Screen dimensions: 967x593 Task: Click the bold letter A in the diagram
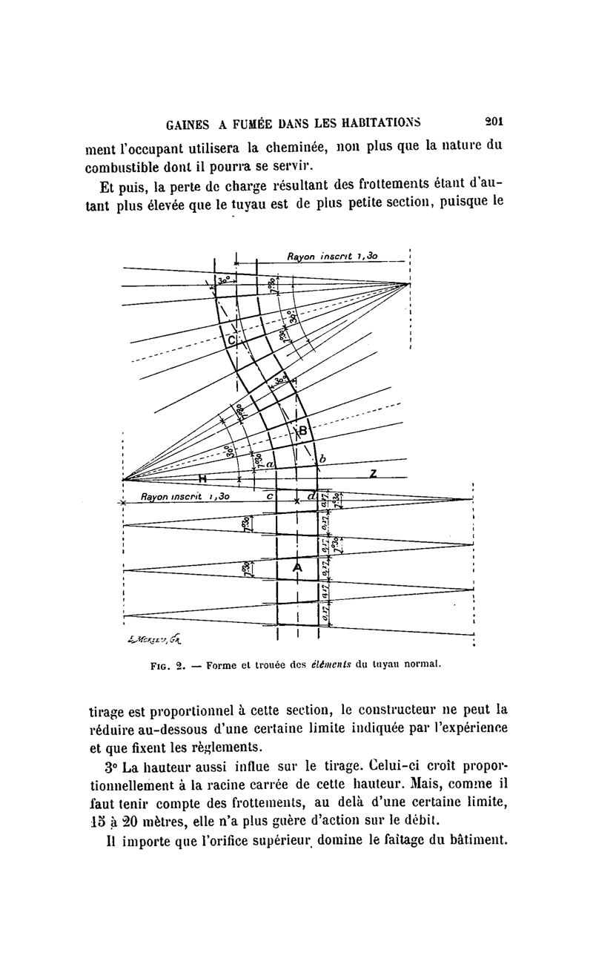[297, 567]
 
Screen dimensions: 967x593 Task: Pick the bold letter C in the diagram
[231, 340]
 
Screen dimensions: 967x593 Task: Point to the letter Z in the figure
[373, 472]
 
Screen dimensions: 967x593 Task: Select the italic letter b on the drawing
[322, 460]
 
